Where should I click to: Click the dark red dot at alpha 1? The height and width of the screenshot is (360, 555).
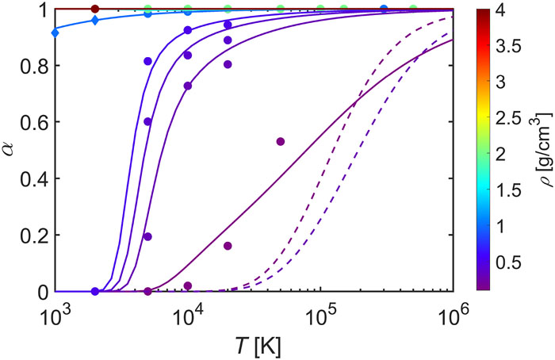pyautogui.click(x=95, y=9)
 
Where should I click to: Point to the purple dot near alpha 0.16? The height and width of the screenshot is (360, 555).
pyautogui.click(x=228, y=246)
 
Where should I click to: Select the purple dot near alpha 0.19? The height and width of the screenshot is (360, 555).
pyautogui.click(x=147, y=236)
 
